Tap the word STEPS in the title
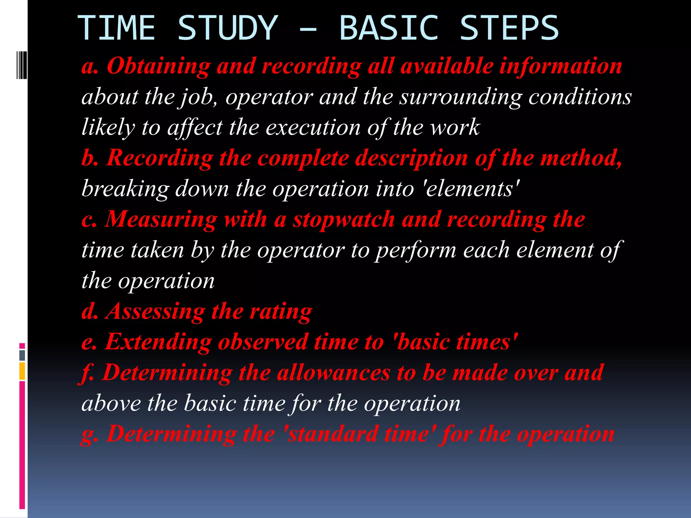tap(509, 28)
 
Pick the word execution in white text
tap(313, 127)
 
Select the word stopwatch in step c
tap(344, 219)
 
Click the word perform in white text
tap(416, 250)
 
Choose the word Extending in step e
tap(158, 342)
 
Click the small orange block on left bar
tap(22, 371)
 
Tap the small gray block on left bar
tap(22, 355)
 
